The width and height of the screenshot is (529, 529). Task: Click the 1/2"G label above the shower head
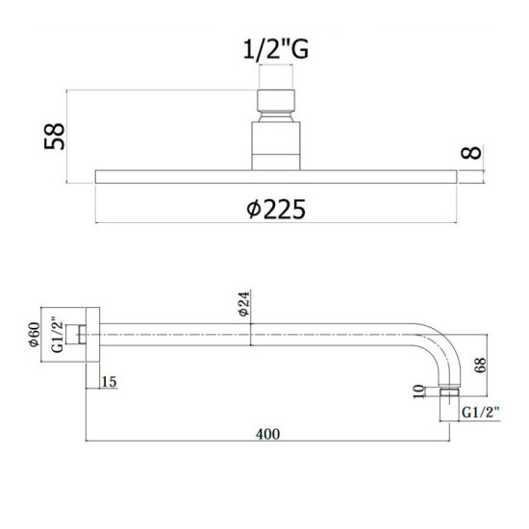[x=276, y=50]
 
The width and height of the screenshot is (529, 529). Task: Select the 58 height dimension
[x=54, y=136]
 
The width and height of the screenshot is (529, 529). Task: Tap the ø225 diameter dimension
[x=276, y=209]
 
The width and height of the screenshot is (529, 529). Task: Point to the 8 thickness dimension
[x=471, y=153]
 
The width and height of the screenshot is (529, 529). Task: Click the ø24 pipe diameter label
[x=244, y=304]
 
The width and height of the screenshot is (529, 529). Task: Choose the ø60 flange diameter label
[x=35, y=335]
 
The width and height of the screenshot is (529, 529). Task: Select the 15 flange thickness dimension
[x=109, y=382]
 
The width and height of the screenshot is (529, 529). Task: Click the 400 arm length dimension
[x=268, y=434]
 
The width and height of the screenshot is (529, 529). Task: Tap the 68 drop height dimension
[x=480, y=365]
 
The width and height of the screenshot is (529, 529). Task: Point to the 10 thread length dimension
[x=418, y=391]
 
